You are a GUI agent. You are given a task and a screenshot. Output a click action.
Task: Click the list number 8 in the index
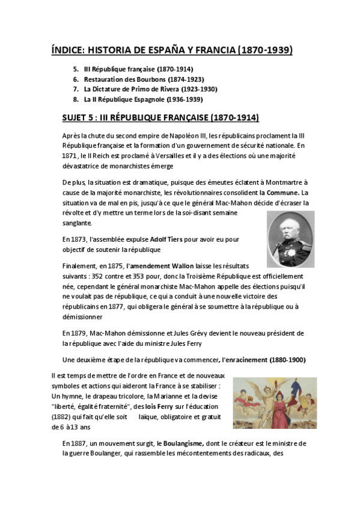click(76, 99)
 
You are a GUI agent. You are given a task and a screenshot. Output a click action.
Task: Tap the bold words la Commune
click(279, 193)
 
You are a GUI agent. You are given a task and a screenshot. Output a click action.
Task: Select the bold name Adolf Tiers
click(165, 239)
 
